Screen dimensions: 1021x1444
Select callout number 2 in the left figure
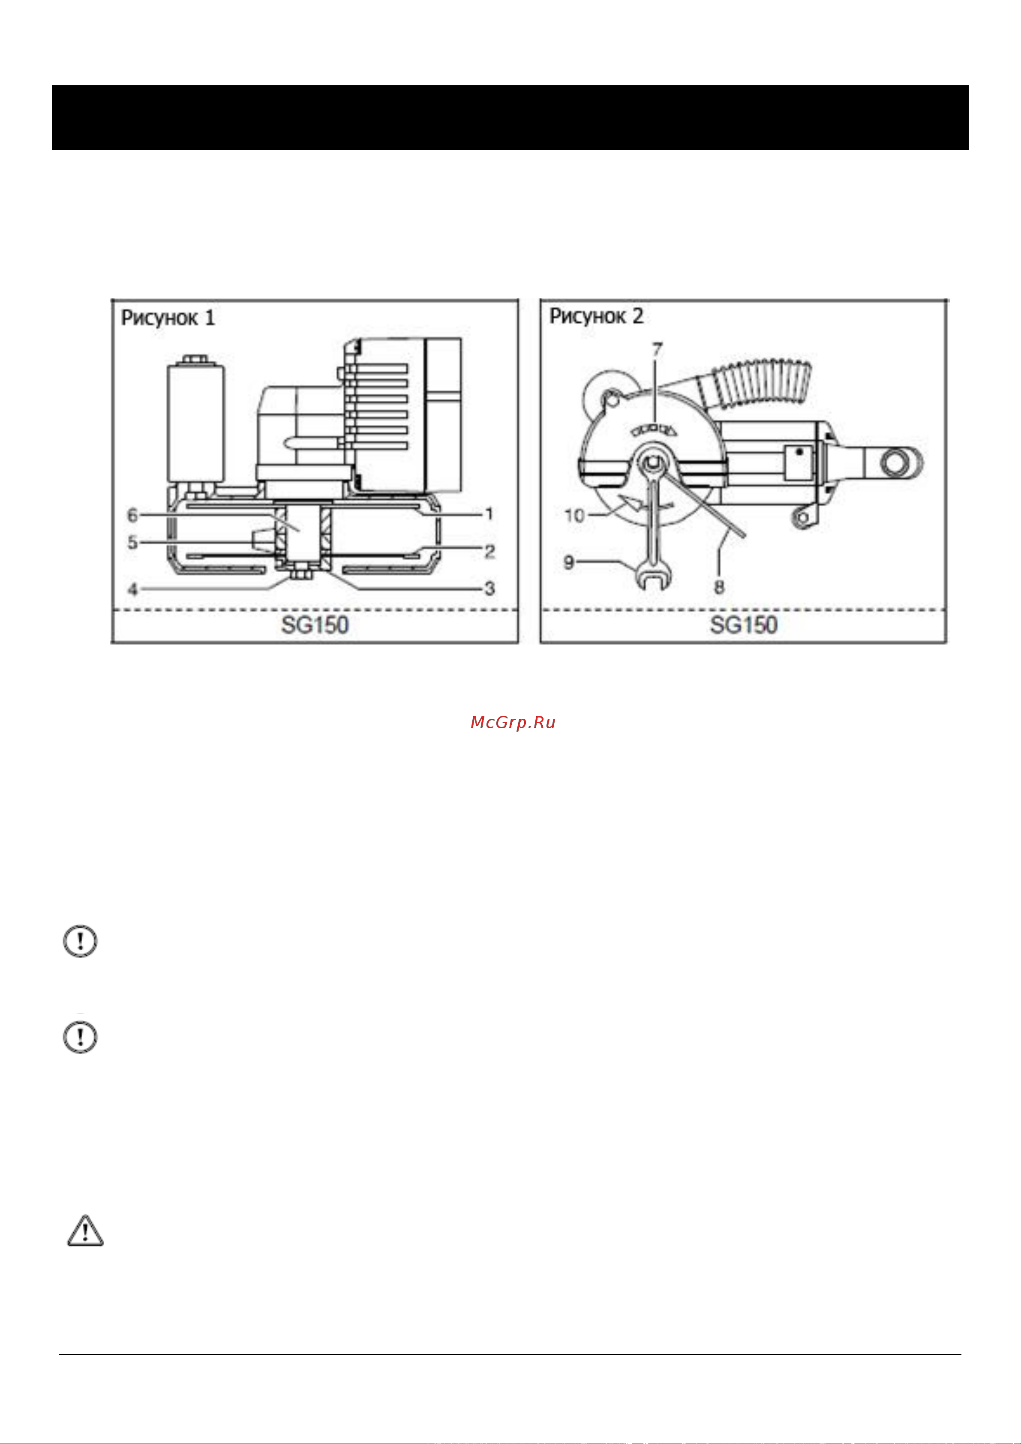pyautogui.click(x=489, y=552)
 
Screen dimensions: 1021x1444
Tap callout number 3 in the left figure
pyautogui.click(x=489, y=588)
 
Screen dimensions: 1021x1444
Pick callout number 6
pyautogui.click(x=133, y=515)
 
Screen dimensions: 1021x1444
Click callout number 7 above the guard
pyautogui.click(x=658, y=350)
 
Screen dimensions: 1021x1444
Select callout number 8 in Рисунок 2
pyautogui.click(x=719, y=587)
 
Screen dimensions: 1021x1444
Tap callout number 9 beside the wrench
pyautogui.click(x=569, y=561)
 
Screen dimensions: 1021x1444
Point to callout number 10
pyautogui.click(x=575, y=516)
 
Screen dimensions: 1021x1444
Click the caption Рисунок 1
pyautogui.click(x=168, y=318)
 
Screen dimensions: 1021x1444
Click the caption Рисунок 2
pyautogui.click(x=596, y=316)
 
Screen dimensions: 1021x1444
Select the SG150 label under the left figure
pyautogui.click(x=315, y=625)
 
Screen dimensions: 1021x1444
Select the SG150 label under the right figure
pyautogui.click(x=744, y=625)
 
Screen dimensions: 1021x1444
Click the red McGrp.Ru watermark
pyautogui.click(x=513, y=723)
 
